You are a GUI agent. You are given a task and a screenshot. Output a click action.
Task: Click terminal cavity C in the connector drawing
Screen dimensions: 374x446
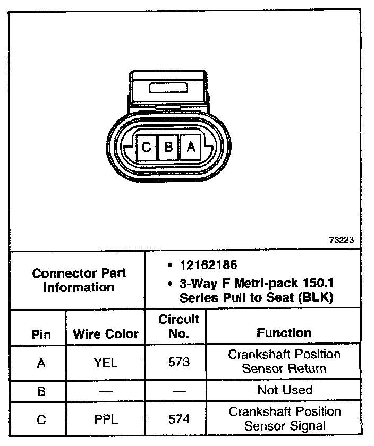(x=146, y=147)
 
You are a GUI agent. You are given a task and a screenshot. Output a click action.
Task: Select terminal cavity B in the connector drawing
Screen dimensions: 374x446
(x=168, y=147)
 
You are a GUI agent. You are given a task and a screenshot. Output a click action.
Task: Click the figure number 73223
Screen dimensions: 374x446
(x=341, y=239)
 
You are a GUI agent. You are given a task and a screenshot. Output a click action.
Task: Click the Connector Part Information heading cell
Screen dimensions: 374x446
(x=79, y=280)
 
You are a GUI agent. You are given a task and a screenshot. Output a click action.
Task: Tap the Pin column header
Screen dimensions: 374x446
(x=41, y=334)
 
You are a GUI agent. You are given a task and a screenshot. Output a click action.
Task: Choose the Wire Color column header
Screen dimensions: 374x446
(x=105, y=334)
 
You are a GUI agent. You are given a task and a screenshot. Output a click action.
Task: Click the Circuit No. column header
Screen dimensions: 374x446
(x=178, y=327)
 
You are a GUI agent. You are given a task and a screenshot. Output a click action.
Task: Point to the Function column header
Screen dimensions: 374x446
(x=284, y=333)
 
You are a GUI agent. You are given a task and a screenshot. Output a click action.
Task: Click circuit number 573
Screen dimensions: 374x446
(x=178, y=362)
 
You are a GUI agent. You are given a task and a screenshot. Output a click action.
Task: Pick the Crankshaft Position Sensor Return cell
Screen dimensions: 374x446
(x=284, y=361)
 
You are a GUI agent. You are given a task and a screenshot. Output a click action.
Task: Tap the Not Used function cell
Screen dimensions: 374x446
(x=284, y=390)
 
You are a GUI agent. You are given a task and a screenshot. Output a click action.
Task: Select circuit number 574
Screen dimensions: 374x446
(x=178, y=419)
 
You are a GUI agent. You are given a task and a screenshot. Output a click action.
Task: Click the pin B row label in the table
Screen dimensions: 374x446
(x=41, y=391)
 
